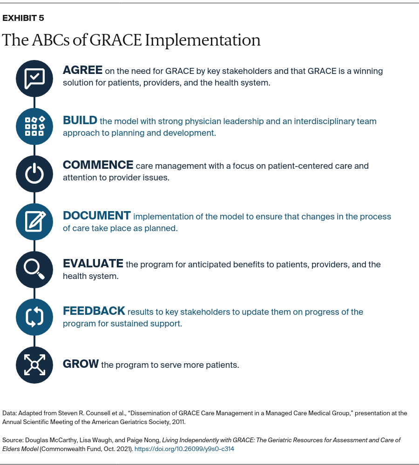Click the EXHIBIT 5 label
tap(23, 18)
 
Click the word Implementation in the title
tap(203, 40)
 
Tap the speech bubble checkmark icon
tap(34, 79)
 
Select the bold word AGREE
tap(82, 70)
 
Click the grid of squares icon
tap(34, 126)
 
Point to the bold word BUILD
tap(80, 120)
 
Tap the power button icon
tap(34, 173)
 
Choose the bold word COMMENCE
tap(98, 165)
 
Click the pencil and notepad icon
tap(35, 221)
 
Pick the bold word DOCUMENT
tap(97, 216)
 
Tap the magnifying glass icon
tap(34, 269)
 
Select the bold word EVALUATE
tap(93, 263)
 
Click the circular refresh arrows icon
tap(34, 317)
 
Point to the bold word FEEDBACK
tap(94, 311)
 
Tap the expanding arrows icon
tap(34, 365)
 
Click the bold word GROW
tap(81, 364)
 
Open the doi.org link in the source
tap(184, 449)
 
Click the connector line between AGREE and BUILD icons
tap(34, 102)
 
